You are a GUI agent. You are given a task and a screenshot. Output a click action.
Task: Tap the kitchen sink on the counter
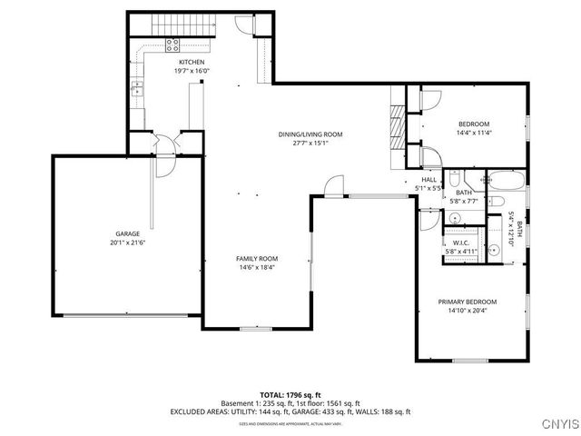point(136,88)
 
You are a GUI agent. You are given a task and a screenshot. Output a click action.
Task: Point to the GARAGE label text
point(127,233)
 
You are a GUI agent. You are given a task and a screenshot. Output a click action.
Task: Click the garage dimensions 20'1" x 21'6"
point(127,243)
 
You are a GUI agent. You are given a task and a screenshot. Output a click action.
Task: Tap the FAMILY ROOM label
point(257,259)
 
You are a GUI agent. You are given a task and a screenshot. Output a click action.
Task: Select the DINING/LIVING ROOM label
point(310,134)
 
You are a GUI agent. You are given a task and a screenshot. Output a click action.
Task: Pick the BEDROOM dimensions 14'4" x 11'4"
point(473,133)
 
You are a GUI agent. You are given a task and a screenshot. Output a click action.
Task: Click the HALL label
point(428,179)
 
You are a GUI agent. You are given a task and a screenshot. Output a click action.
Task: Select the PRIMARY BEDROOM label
point(468,301)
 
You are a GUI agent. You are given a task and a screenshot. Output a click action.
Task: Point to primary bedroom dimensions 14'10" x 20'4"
point(468,310)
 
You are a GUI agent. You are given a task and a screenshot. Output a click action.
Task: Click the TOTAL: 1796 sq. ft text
point(290,394)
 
